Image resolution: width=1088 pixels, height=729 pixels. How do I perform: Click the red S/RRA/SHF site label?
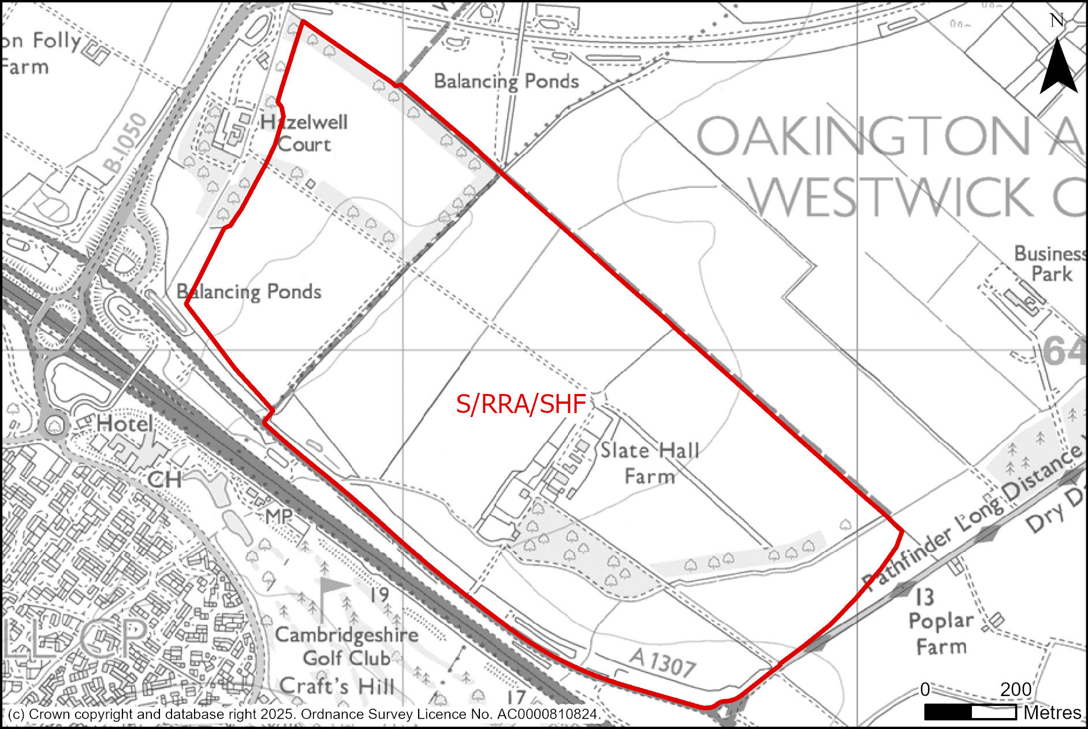point(521,404)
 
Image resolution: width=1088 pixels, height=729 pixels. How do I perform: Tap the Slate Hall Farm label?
point(650,463)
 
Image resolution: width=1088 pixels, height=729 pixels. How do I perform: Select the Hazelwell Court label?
point(304,133)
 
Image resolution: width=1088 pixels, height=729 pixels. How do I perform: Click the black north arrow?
point(1058,66)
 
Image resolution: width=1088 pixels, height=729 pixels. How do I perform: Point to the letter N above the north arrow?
point(1057,21)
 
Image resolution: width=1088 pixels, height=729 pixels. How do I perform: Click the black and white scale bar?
point(970,712)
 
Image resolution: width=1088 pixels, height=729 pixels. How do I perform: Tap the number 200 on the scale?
point(1016,689)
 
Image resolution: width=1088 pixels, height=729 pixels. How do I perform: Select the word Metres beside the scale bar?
point(1052,713)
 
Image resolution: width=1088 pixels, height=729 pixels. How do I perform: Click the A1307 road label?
point(662,662)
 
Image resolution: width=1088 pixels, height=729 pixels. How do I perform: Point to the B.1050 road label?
point(125,143)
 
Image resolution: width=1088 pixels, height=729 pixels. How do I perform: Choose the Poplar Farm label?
point(941,633)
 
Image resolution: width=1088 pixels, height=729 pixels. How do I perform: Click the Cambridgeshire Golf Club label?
point(346,646)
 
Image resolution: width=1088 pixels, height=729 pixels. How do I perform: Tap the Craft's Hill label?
point(337,686)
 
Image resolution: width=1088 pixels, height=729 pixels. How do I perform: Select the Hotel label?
point(125,424)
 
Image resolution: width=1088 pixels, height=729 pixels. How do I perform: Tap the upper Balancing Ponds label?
point(506,81)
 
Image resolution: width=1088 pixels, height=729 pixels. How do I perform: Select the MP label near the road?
point(279,516)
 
